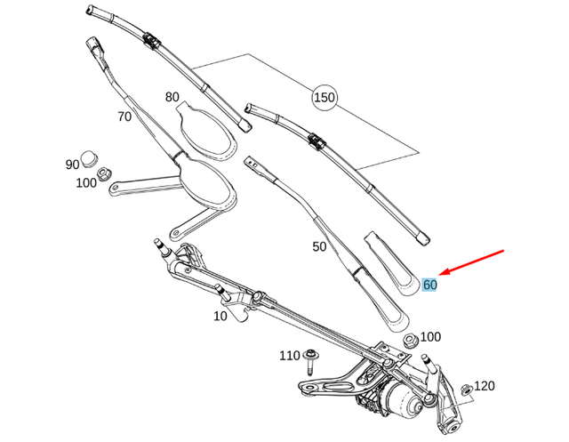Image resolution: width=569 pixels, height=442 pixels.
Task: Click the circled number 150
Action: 324,97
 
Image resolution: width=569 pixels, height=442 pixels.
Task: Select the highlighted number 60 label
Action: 430,285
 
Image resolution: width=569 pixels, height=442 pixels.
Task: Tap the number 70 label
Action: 124,116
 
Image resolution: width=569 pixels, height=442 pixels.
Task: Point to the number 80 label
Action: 172,97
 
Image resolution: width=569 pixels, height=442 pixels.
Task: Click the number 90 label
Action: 72,165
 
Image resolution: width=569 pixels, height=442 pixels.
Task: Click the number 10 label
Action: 220,316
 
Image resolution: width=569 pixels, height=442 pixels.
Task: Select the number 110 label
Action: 290,356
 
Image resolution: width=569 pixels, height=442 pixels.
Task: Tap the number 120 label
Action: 484,386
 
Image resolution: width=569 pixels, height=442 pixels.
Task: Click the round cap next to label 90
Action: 89,159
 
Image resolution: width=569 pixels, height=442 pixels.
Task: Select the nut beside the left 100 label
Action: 104,174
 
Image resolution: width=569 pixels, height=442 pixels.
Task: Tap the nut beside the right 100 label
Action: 410,340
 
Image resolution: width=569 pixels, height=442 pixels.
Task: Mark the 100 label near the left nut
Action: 86,183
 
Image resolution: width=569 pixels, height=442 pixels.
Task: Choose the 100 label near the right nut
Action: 430,337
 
